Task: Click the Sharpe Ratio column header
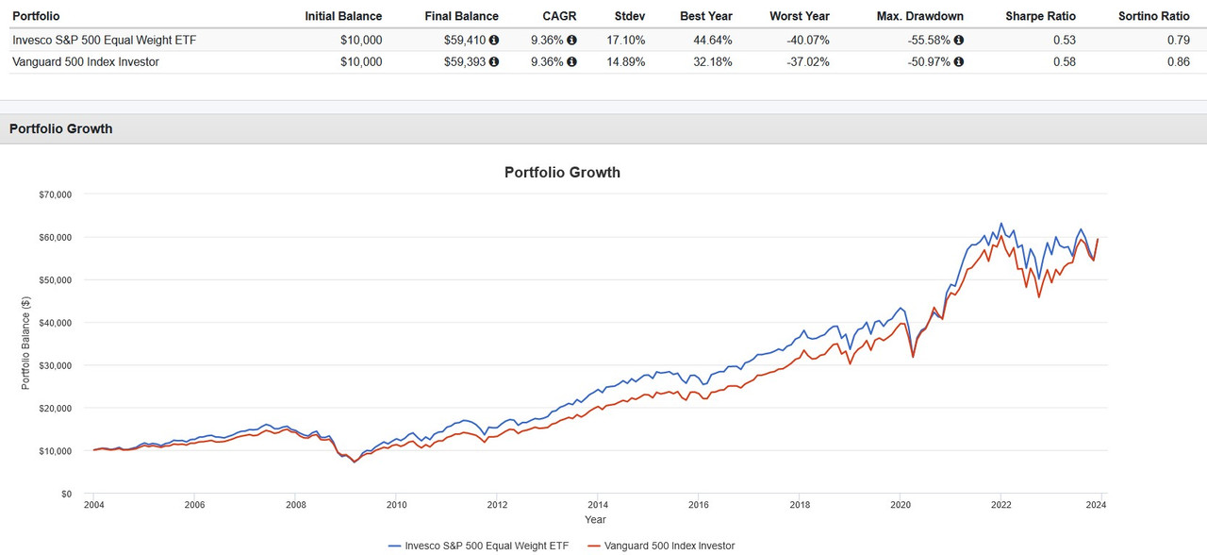(1040, 16)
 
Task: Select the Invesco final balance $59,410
(467, 41)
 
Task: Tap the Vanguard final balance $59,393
(467, 62)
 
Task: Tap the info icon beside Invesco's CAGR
(571, 41)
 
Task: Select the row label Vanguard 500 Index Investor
(85, 62)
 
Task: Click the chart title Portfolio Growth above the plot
(562, 173)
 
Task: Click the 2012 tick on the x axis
(496, 506)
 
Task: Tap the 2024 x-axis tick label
(1100, 506)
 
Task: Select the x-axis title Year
(595, 520)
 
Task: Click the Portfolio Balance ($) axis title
(26, 344)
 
